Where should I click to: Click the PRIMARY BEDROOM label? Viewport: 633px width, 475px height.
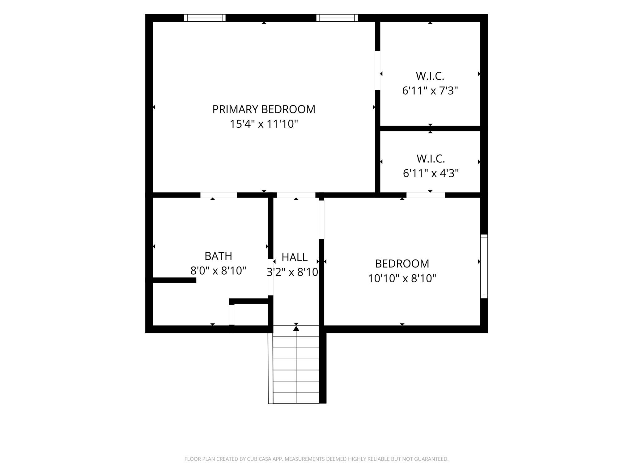pos(264,109)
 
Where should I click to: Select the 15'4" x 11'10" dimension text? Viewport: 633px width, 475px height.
pos(264,124)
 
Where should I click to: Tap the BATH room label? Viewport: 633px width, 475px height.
pos(218,256)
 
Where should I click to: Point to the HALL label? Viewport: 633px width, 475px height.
pos(295,257)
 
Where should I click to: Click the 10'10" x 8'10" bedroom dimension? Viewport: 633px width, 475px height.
pos(402,278)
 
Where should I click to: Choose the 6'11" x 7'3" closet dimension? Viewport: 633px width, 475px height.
pos(430,91)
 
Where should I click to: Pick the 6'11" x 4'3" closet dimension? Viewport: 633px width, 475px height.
pos(431,173)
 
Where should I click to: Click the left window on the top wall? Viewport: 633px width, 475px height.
pos(205,18)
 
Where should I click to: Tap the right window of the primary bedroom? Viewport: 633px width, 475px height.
pos(337,18)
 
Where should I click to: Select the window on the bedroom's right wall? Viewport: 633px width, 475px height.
pos(484,266)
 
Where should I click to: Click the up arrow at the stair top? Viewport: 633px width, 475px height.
pos(296,328)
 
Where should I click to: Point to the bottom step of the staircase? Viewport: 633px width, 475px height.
pos(296,398)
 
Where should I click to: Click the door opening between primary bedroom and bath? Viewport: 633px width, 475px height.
pos(219,195)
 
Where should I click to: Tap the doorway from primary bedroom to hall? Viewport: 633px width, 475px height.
pos(296,195)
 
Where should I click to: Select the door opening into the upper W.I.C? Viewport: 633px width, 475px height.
pos(377,71)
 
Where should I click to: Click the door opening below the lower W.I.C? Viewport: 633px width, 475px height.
pos(426,195)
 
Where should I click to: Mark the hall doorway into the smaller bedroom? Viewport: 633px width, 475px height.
pos(321,220)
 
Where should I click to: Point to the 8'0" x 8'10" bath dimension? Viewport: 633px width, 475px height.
pos(218,271)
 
